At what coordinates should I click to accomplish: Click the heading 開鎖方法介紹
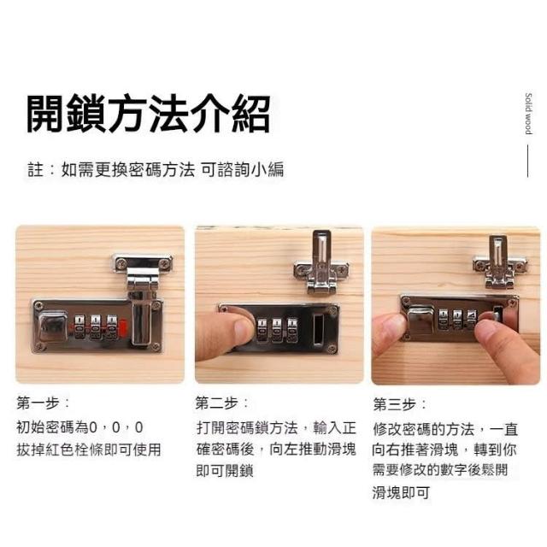pos(149,114)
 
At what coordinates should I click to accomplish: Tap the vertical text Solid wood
pos(528,114)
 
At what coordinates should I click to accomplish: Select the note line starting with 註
pos(156,169)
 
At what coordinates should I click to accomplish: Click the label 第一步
pos(43,403)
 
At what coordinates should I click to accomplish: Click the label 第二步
pos(222,403)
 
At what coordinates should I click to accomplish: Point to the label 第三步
pos(400,404)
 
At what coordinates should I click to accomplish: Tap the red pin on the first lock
pos(122,327)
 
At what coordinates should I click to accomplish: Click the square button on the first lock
pos(53,326)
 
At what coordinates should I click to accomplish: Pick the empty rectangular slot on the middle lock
pos(318,330)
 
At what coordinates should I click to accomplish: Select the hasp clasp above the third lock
pos(499,262)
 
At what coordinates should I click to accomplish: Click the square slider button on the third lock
pos(421,320)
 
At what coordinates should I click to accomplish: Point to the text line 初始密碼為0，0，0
pos(79,427)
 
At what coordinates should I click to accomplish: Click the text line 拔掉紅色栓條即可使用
pos(89,450)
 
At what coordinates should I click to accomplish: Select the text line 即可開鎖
pos(225,470)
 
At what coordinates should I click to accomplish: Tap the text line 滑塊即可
pos(401,492)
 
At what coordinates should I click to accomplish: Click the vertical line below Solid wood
pos(528,162)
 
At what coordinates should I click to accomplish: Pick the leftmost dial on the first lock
pos(79,326)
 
